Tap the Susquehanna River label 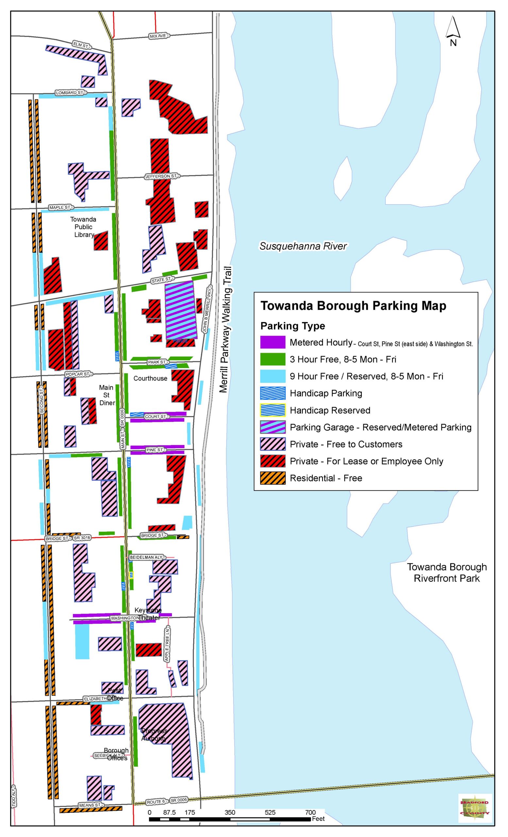point(303,246)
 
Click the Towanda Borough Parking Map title point(353,306)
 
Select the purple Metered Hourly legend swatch point(273,342)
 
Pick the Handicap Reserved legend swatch point(273,410)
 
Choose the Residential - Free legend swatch point(273,478)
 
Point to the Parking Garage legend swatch point(273,427)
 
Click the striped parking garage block point(181,310)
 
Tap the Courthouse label point(150,378)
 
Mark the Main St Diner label point(107,395)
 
